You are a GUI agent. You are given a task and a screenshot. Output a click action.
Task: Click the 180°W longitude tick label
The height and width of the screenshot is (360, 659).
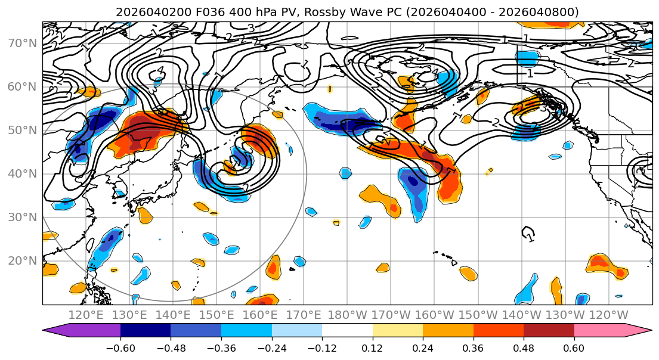[347, 315]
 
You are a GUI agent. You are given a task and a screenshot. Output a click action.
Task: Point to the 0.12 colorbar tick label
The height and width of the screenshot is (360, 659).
[372, 347]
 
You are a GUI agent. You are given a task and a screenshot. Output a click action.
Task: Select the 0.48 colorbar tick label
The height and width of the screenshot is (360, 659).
[524, 347]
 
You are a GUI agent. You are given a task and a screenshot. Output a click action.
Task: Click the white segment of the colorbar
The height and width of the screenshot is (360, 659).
[347, 331]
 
